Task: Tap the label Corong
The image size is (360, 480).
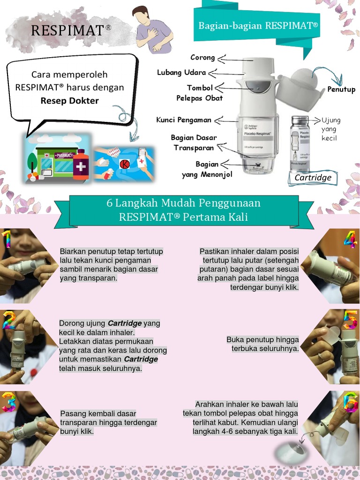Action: click(x=202, y=58)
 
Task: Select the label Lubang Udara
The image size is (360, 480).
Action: click(x=181, y=72)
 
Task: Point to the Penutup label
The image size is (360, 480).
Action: click(x=341, y=89)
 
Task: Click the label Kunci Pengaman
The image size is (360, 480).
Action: click(x=184, y=120)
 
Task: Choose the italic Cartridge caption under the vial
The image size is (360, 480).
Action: click(x=313, y=178)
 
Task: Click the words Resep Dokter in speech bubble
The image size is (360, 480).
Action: click(x=69, y=100)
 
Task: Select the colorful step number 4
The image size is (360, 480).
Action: click(x=350, y=240)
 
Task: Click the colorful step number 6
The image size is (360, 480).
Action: click(x=351, y=402)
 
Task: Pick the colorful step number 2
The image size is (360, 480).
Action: click(x=8, y=320)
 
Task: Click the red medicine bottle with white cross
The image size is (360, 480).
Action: click(x=81, y=165)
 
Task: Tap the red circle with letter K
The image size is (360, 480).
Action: click(x=124, y=165)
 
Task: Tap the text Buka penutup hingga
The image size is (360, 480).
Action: click(x=262, y=340)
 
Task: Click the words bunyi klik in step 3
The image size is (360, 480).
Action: click(x=77, y=431)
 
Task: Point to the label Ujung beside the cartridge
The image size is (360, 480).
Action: click(x=330, y=120)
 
